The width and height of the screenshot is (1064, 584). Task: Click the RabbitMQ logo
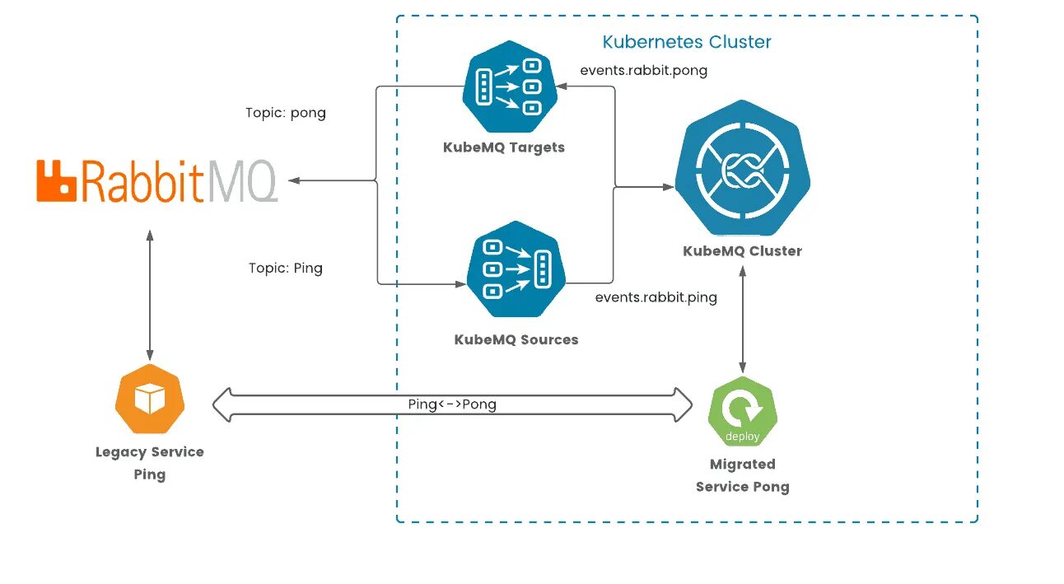pos(157,181)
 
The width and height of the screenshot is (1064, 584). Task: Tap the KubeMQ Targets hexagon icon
pos(510,86)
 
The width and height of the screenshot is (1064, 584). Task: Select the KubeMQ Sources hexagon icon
pos(516,269)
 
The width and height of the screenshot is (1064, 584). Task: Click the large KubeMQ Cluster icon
pos(743,168)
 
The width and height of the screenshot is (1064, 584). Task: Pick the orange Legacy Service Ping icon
pos(150,399)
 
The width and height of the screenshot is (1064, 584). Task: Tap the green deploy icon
pos(743,412)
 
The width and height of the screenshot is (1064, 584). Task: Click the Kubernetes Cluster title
pos(687,42)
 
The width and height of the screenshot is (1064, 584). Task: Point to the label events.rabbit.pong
pos(644,71)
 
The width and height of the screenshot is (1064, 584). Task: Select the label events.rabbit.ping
pos(656,297)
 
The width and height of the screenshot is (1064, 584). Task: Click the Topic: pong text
pos(286,113)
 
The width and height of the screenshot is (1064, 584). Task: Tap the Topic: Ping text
pos(286,269)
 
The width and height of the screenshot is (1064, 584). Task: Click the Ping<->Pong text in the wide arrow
pos(452,404)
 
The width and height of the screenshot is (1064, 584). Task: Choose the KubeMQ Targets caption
pos(504,147)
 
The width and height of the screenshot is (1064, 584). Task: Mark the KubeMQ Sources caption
pos(516,339)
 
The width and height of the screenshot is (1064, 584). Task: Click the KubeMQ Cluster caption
pos(743,251)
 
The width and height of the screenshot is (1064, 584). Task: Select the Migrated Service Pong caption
pos(743,475)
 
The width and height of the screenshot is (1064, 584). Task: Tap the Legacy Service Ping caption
pos(150,463)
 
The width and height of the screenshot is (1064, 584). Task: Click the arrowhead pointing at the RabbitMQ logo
pos(294,180)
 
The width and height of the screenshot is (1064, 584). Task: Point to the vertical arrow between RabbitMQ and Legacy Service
pos(150,296)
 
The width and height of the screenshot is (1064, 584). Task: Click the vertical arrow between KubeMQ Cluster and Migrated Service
pos(743,320)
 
